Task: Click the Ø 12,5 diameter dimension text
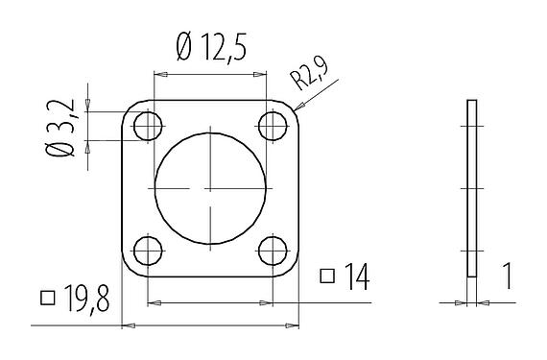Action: pyautogui.click(x=208, y=46)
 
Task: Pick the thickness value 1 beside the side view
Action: pyautogui.click(x=506, y=278)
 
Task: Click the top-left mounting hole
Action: pyautogui.click(x=147, y=126)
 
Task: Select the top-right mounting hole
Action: pyautogui.click(x=273, y=126)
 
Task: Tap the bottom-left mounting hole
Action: pyautogui.click(x=147, y=252)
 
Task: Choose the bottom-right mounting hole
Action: pyautogui.click(x=273, y=252)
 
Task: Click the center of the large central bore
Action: pyautogui.click(x=209, y=189)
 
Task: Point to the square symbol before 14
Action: pyautogui.click(x=326, y=277)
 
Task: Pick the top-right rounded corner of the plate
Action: pyautogui.click(x=291, y=107)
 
